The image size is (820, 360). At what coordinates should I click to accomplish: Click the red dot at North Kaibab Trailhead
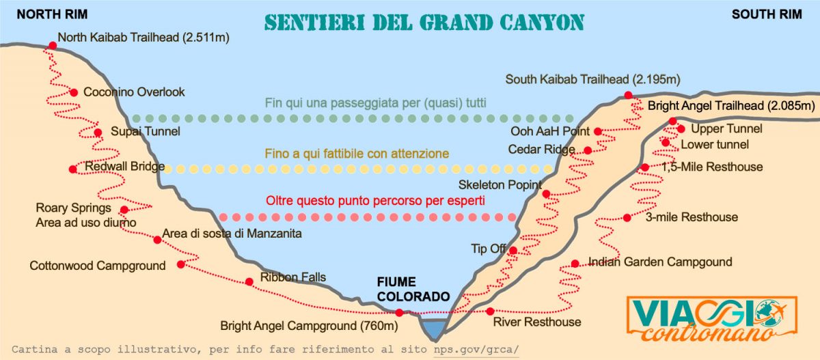[x=53, y=46]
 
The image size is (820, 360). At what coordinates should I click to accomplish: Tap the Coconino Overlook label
[x=134, y=92]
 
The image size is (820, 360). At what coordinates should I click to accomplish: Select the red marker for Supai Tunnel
[x=98, y=133]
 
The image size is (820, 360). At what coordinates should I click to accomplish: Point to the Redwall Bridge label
[x=125, y=167]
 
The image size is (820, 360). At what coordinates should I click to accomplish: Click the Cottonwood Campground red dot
[x=180, y=264]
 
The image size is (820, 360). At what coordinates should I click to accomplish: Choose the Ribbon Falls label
[x=293, y=277]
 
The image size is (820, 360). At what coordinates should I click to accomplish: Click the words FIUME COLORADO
[x=413, y=290]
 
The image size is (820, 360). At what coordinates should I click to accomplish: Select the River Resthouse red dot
[x=489, y=311]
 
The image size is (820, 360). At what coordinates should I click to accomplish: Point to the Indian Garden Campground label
[x=659, y=262]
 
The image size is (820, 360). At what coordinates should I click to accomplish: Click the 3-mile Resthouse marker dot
[x=627, y=218]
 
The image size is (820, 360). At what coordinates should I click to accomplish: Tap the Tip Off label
[x=488, y=248]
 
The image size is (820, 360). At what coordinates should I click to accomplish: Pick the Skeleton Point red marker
[x=546, y=194]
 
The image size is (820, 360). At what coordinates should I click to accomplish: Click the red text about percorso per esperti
[x=375, y=202]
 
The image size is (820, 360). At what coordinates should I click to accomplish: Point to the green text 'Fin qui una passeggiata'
[x=375, y=104]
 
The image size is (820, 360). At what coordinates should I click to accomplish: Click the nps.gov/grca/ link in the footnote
[x=476, y=349]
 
